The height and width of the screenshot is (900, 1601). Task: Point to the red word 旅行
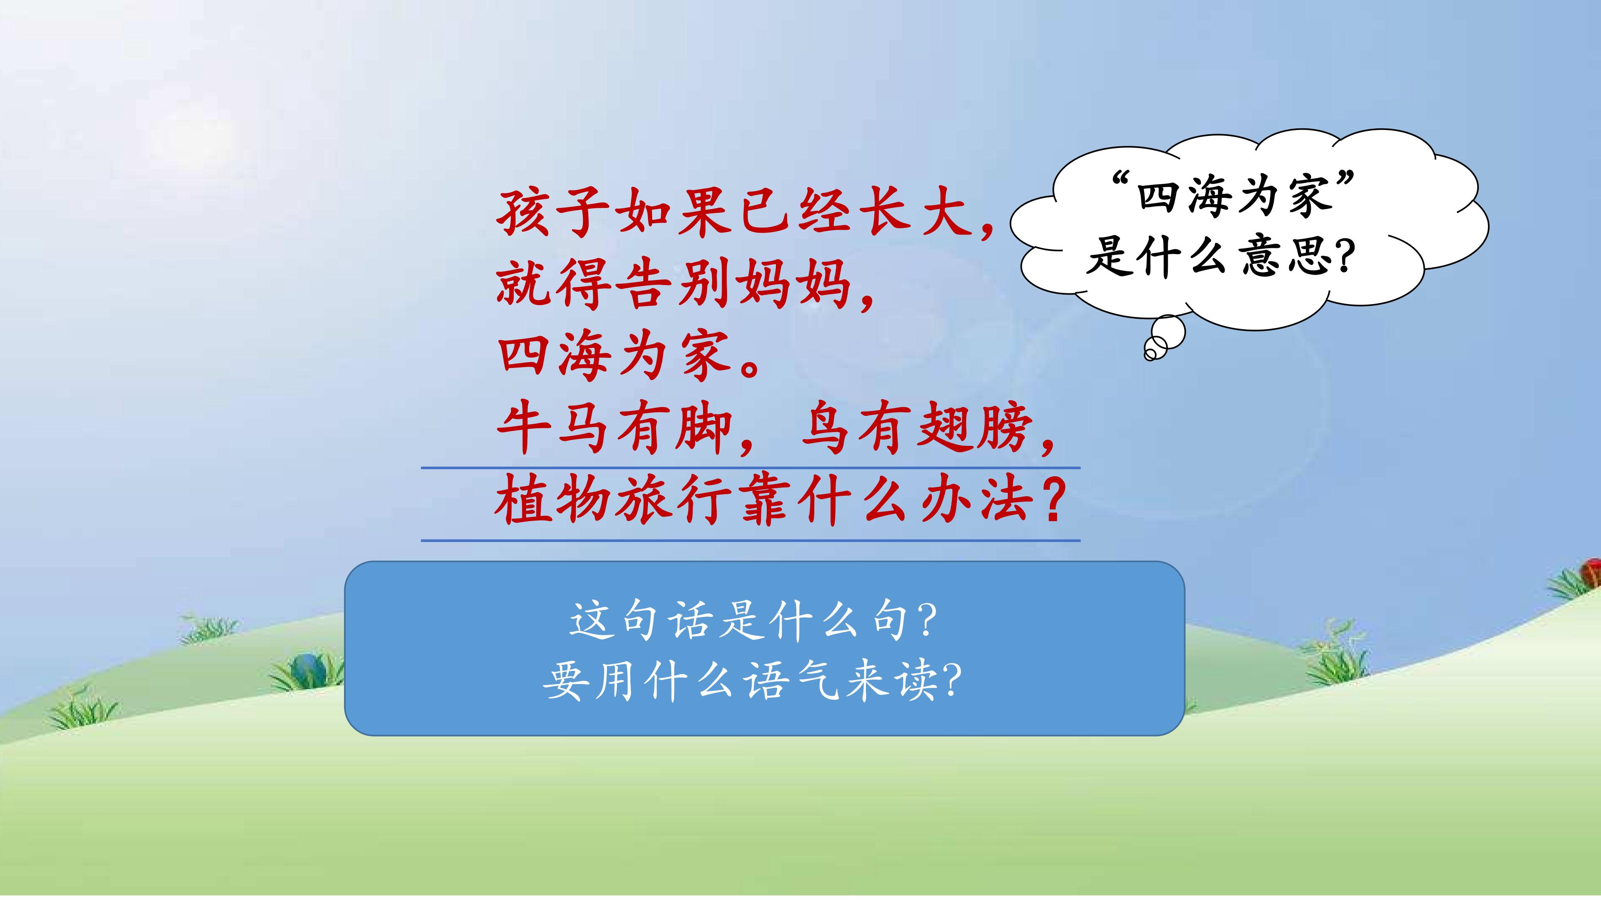[673, 500]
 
